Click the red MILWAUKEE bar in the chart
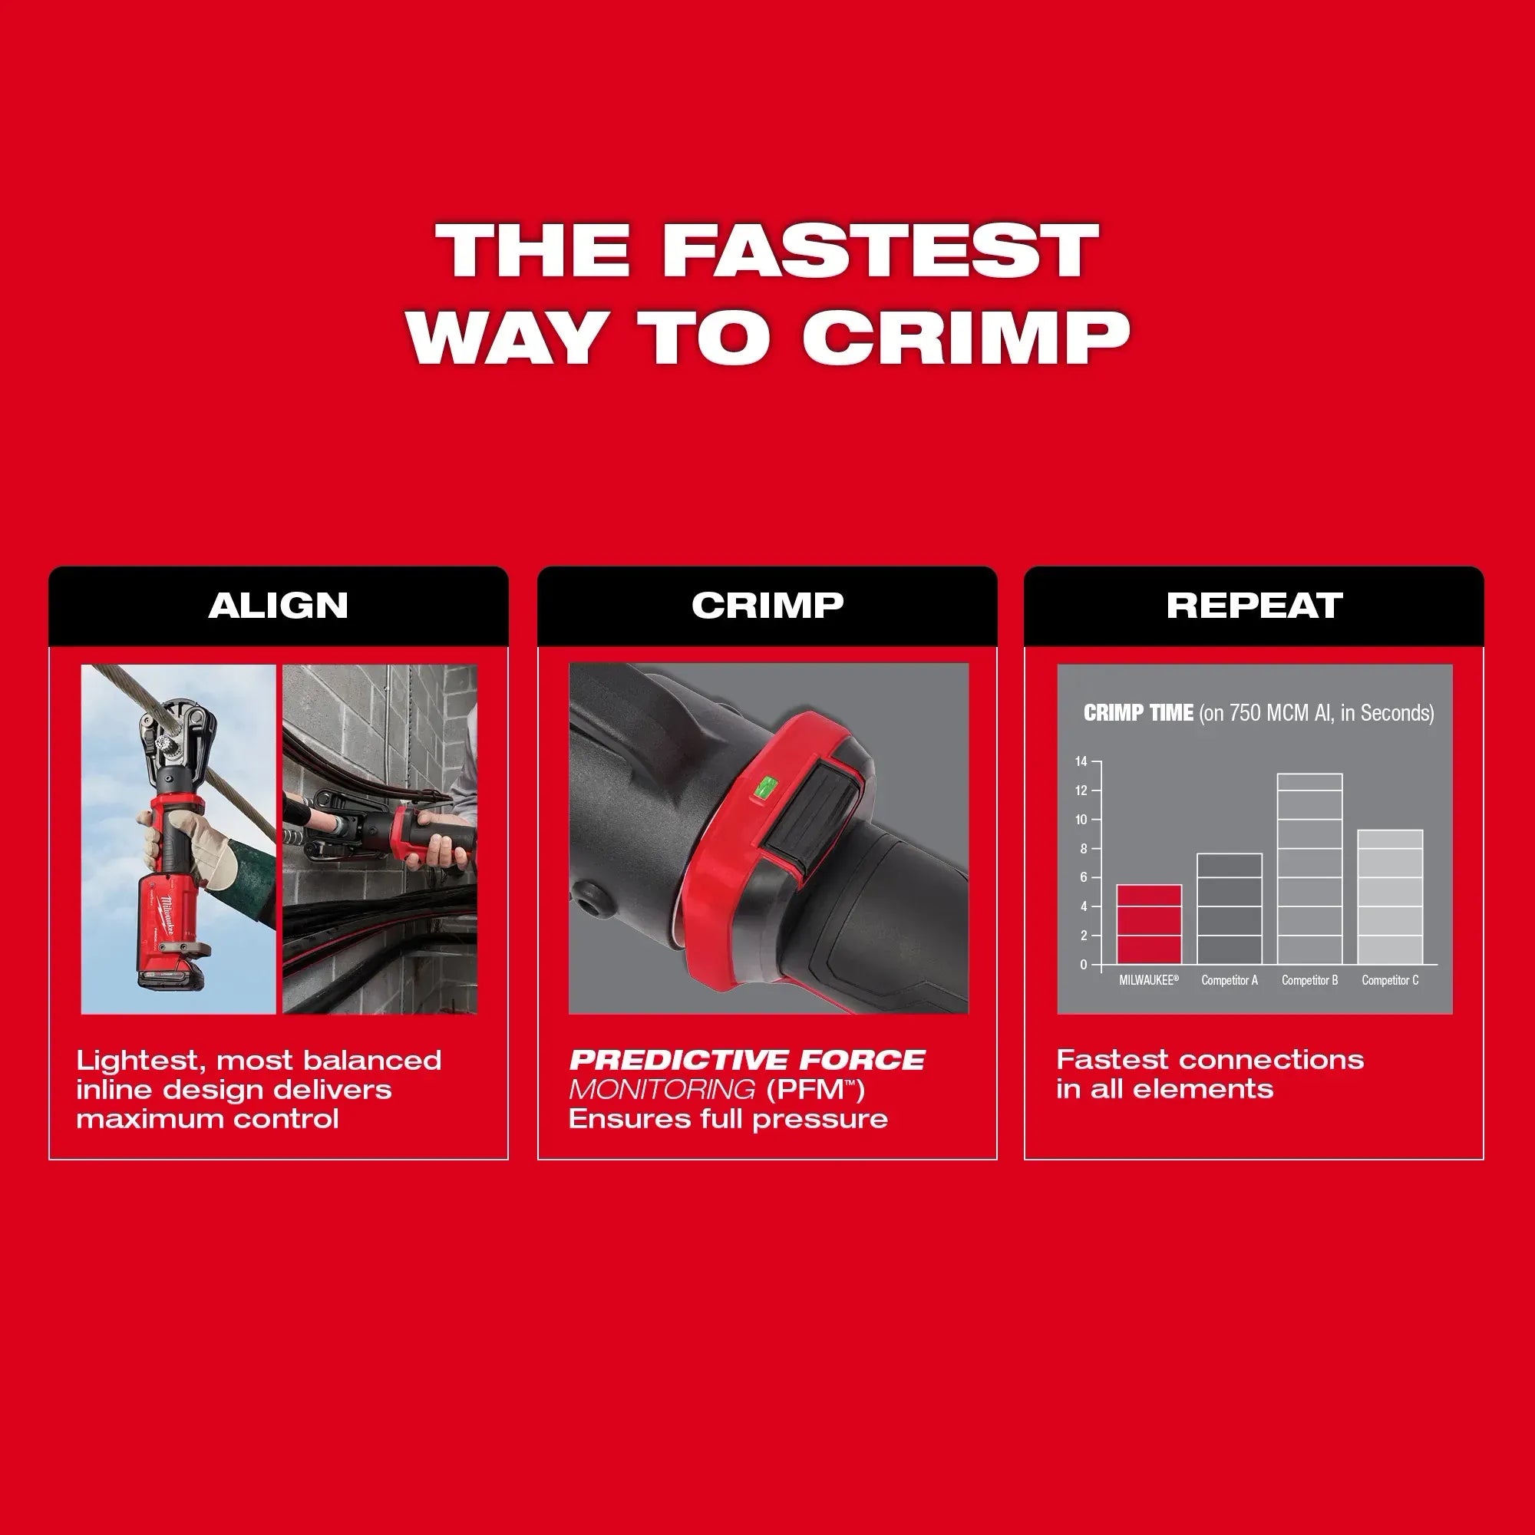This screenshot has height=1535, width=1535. tap(1149, 924)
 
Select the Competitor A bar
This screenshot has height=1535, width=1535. tap(1229, 909)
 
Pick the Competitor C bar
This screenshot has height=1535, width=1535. tap(1390, 897)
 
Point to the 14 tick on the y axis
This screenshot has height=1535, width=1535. tap(1081, 762)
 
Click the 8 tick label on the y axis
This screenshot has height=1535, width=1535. tap(1082, 849)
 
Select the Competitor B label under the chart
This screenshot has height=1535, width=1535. tap(1309, 980)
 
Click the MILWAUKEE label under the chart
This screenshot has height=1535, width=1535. tap(1149, 980)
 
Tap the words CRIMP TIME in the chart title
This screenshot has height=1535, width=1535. tap(1138, 713)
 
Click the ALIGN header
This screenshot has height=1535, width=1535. tap(278, 606)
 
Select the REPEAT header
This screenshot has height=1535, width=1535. tap(1255, 606)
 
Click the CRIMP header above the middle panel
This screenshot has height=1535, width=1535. tap(767, 606)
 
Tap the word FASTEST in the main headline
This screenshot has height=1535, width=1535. tap(881, 249)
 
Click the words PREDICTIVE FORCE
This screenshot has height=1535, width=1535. tap(747, 1060)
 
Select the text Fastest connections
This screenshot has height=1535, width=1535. tap(1210, 1060)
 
